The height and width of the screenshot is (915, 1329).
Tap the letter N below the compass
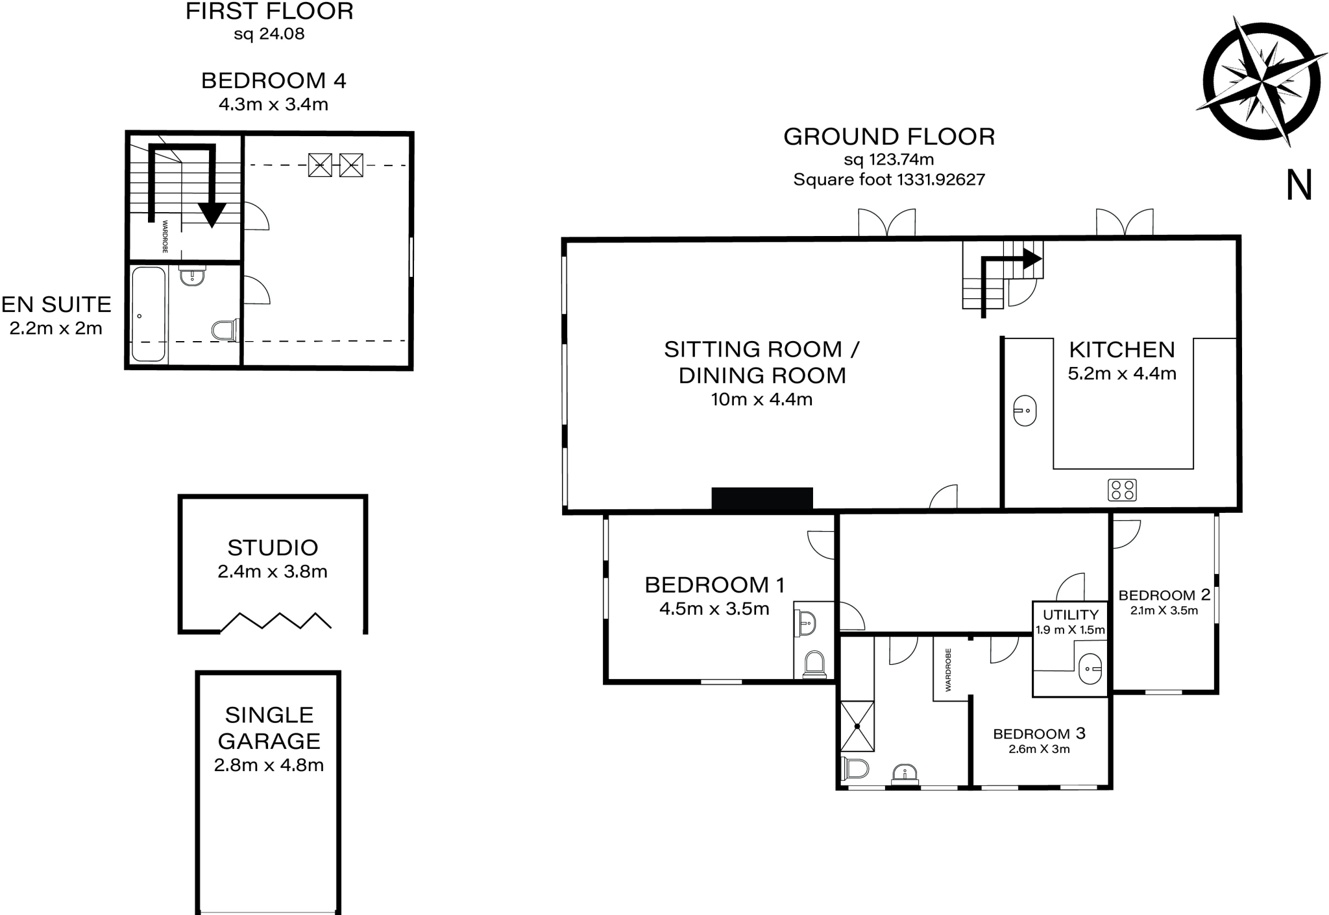click(1299, 185)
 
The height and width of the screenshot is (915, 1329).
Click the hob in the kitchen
click(1122, 490)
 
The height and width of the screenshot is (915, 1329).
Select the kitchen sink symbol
click(1025, 410)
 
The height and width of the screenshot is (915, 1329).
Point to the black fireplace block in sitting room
click(762, 498)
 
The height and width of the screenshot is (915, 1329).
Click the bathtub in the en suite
click(149, 314)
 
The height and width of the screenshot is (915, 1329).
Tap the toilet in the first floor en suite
click(224, 329)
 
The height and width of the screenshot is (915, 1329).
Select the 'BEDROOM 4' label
click(273, 81)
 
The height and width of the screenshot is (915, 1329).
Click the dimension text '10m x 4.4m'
click(761, 399)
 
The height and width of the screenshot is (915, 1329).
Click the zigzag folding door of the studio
click(276, 621)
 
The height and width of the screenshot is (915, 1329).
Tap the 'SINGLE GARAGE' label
click(269, 728)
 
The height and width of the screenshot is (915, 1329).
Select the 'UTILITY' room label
click(1071, 615)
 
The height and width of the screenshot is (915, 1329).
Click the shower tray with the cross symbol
click(857, 726)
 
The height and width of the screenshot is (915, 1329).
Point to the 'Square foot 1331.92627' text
click(889, 180)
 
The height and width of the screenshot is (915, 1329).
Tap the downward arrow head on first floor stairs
click(212, 215)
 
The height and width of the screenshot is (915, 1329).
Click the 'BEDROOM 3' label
click(1039, 733)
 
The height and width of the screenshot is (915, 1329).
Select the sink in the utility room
click(1090, 668)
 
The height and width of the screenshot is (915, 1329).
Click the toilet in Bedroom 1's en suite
click(814, 664)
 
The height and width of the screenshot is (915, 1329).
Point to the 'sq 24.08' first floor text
click(269, 34)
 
